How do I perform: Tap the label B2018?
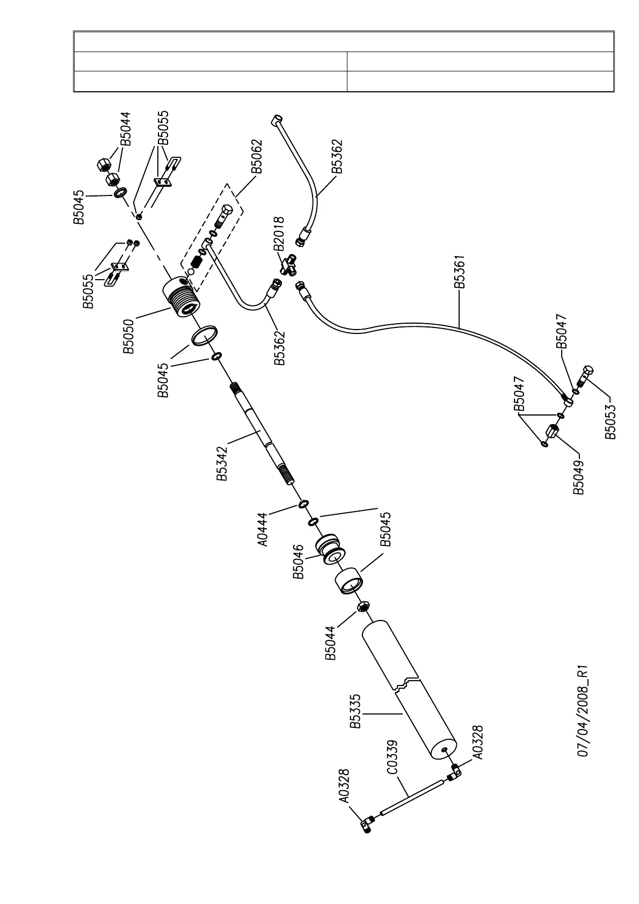click(x=279, y=234)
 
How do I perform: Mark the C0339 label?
click(x=393, y=758)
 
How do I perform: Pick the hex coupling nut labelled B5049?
click(x=553, y=432)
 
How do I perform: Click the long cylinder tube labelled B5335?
click(x=408, y=692)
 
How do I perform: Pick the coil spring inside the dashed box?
click(x=196, y=263)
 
